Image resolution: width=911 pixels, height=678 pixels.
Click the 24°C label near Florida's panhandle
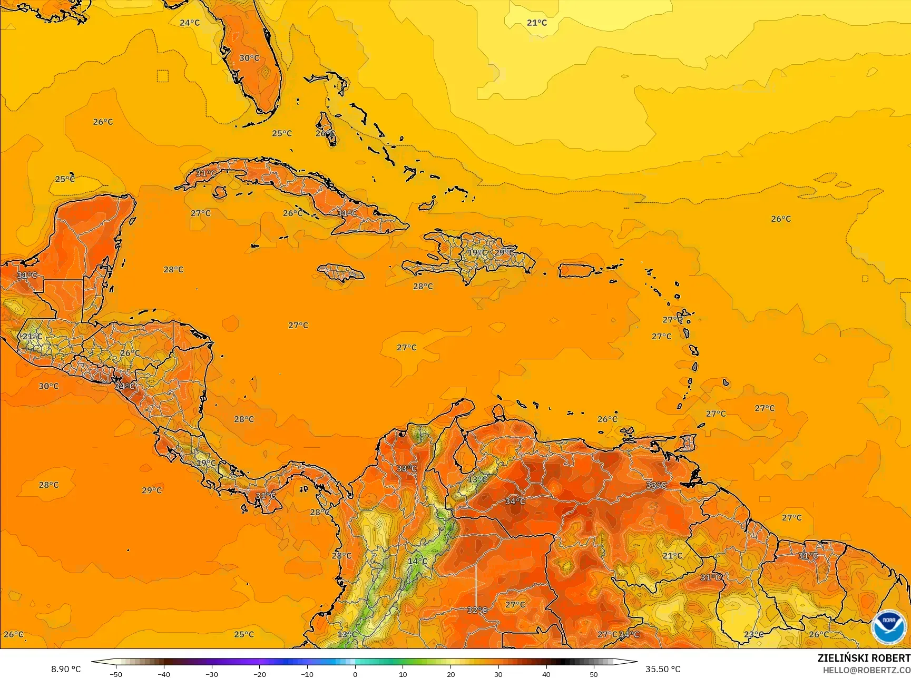(x=190, y=23)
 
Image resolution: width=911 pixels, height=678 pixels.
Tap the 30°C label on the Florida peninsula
(x=249, y=58)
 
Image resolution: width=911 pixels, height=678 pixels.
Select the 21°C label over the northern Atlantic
(x=537, y=23)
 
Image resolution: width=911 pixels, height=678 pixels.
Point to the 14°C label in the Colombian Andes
(x=418, y=561)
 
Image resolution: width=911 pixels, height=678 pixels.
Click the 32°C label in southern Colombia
(x=477, y=610)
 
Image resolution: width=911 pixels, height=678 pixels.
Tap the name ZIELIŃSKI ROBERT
(x=864, y=658)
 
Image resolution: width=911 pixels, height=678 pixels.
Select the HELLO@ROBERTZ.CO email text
(x=867, y=670)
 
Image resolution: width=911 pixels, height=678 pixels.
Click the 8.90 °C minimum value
(x=66, y=669)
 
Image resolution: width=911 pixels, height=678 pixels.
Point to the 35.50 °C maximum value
(x=663, y=669)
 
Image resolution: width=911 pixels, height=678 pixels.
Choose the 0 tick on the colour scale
(x=355, y=674)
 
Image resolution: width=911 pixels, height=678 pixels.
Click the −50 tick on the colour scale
(x=116, y=674)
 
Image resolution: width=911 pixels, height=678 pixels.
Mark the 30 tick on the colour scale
(x=498, y=674)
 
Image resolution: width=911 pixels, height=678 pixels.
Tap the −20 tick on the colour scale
(x=259, y=674)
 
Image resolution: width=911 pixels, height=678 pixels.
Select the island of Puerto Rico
(x=576, y=271)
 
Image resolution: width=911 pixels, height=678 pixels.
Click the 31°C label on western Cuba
(x=205, y=173)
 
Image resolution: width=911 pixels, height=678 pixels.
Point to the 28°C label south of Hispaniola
(x=423, y=287)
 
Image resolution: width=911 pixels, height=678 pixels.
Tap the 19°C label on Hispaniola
(x=477, y=253)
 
